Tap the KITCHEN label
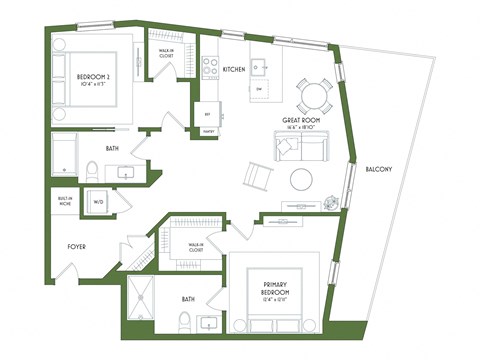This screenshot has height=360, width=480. [x=234, y=69]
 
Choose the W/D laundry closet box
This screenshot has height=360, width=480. [x=99, y=202]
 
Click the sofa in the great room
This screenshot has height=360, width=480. [x=301, y=147]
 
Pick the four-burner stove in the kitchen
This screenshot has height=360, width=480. [x=212, y=66]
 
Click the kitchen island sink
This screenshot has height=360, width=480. [x=258, y=68]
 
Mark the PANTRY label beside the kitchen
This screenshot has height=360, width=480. [x=209, y=131]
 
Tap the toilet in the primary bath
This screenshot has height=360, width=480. [x=183, y=322]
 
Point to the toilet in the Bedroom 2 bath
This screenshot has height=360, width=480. [x=90, y=171]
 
